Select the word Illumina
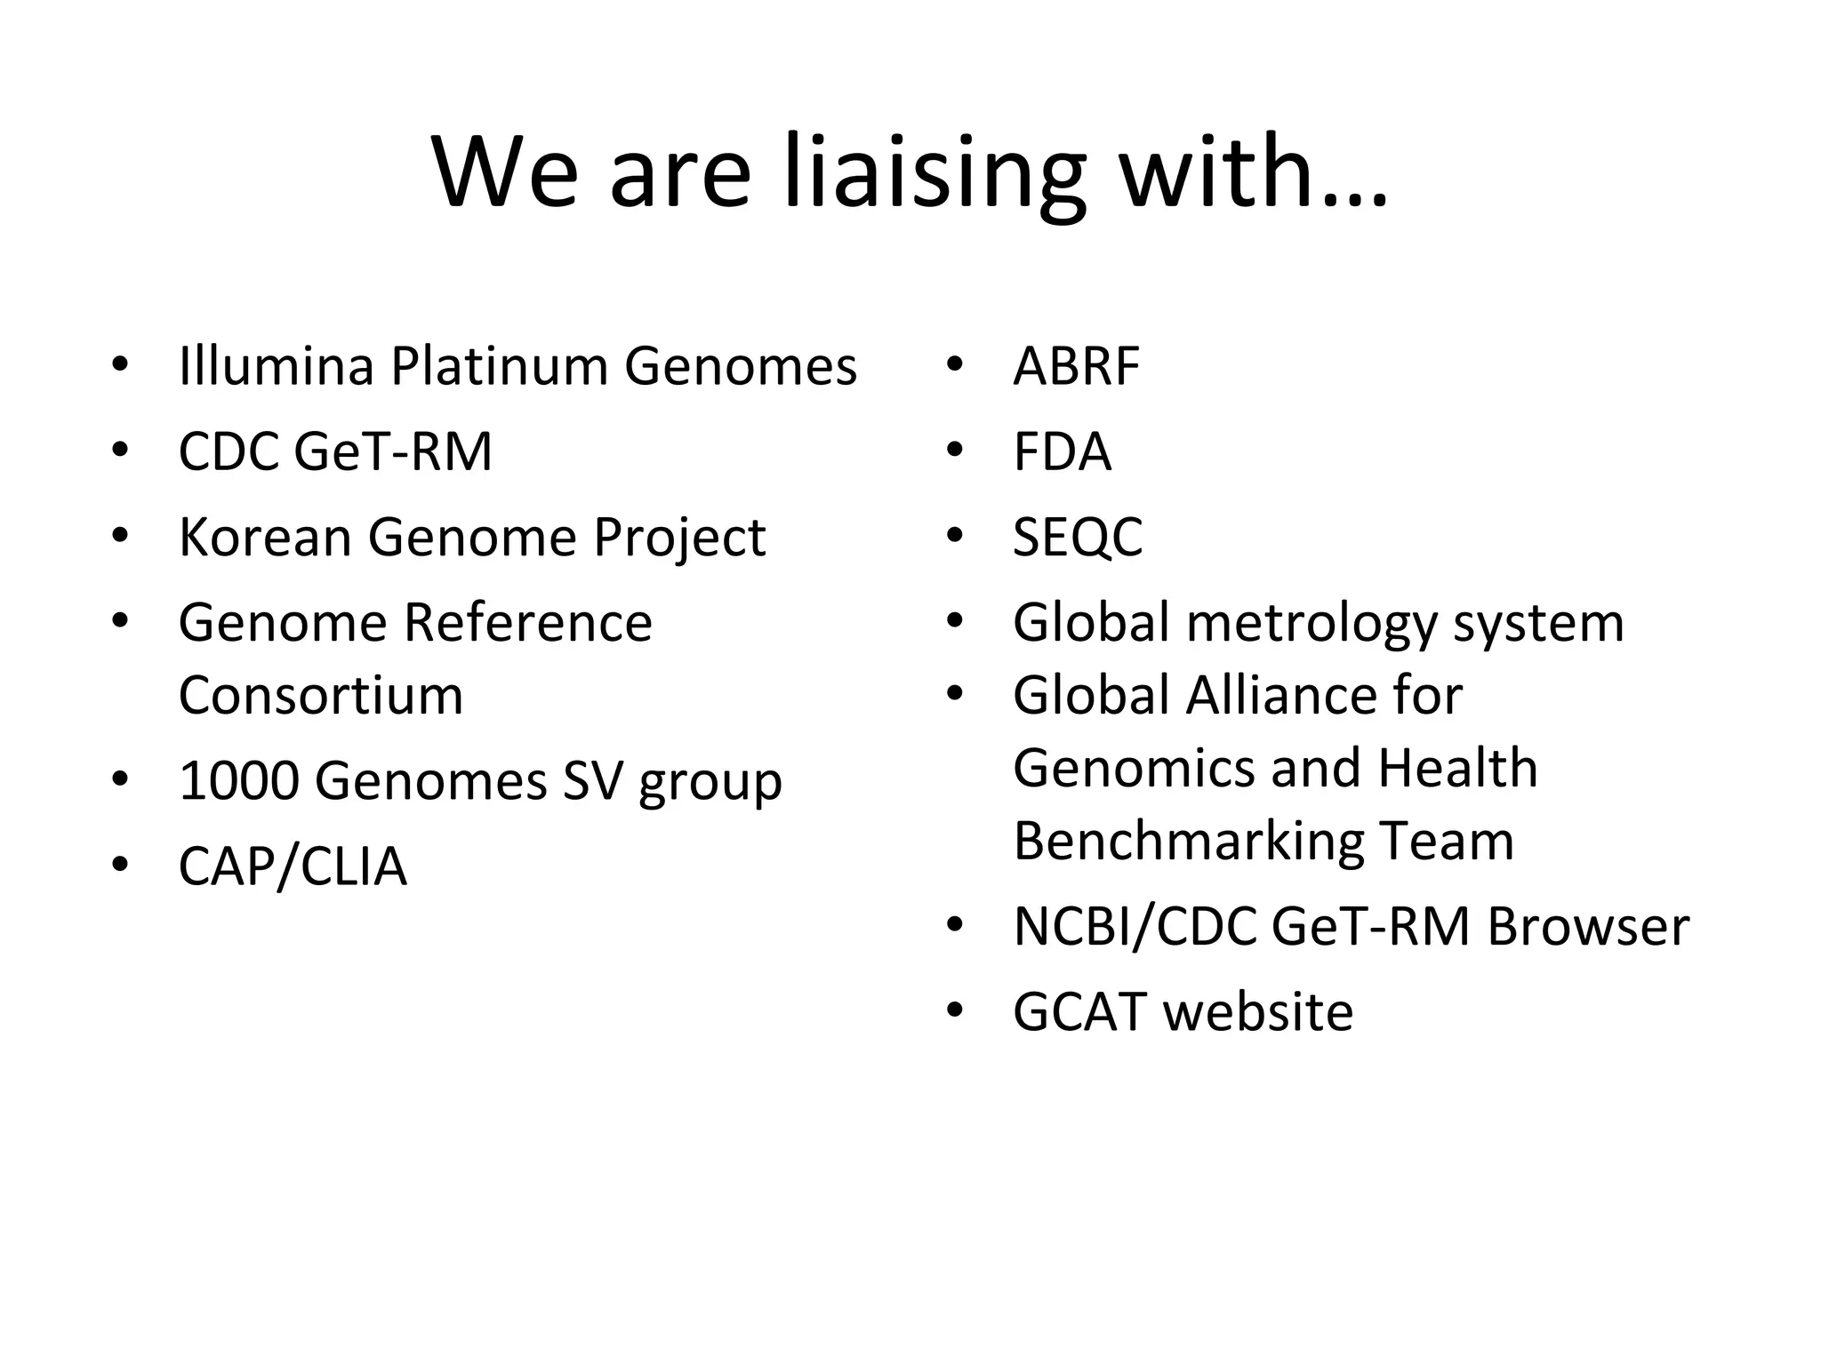tap(276, 365)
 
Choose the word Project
tap(679, 539)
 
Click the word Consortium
tap(321, 695)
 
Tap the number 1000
tap(238, 780)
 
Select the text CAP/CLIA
tap(293, 866)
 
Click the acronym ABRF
tap(1076, 365)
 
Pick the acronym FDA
tap(1062, 451)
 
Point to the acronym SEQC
tap(1078, 537)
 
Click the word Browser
tap(1588, 926)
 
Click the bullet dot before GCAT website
tap(955, 1010)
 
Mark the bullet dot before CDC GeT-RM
tap(120, 450)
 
